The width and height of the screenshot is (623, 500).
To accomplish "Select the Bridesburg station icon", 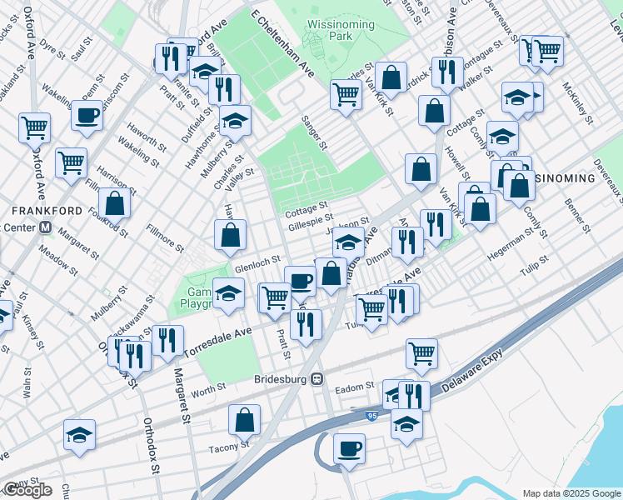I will pyautogui.click(x=316, y=378).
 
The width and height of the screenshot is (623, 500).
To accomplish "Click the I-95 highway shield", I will pyautogui.click(x=371, y=413).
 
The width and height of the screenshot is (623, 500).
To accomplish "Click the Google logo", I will pyautogui.click(x=27, y=490).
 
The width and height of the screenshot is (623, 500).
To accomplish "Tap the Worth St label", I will pyautogui.click(x=208, y=388).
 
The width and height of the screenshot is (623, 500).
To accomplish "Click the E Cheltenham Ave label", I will pyautogui.click(x=283, y=42).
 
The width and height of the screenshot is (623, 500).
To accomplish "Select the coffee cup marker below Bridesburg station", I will pyautogui.click(x=349, y=448).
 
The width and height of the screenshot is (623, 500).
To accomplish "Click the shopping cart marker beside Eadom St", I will pyautogui.click(x=422, y=352).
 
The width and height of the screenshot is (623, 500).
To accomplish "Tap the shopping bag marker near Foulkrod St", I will pyautogui.click(x=114, y=202).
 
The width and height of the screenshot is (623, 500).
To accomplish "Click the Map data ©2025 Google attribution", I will pyautogui.click(x=572, y=492).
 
